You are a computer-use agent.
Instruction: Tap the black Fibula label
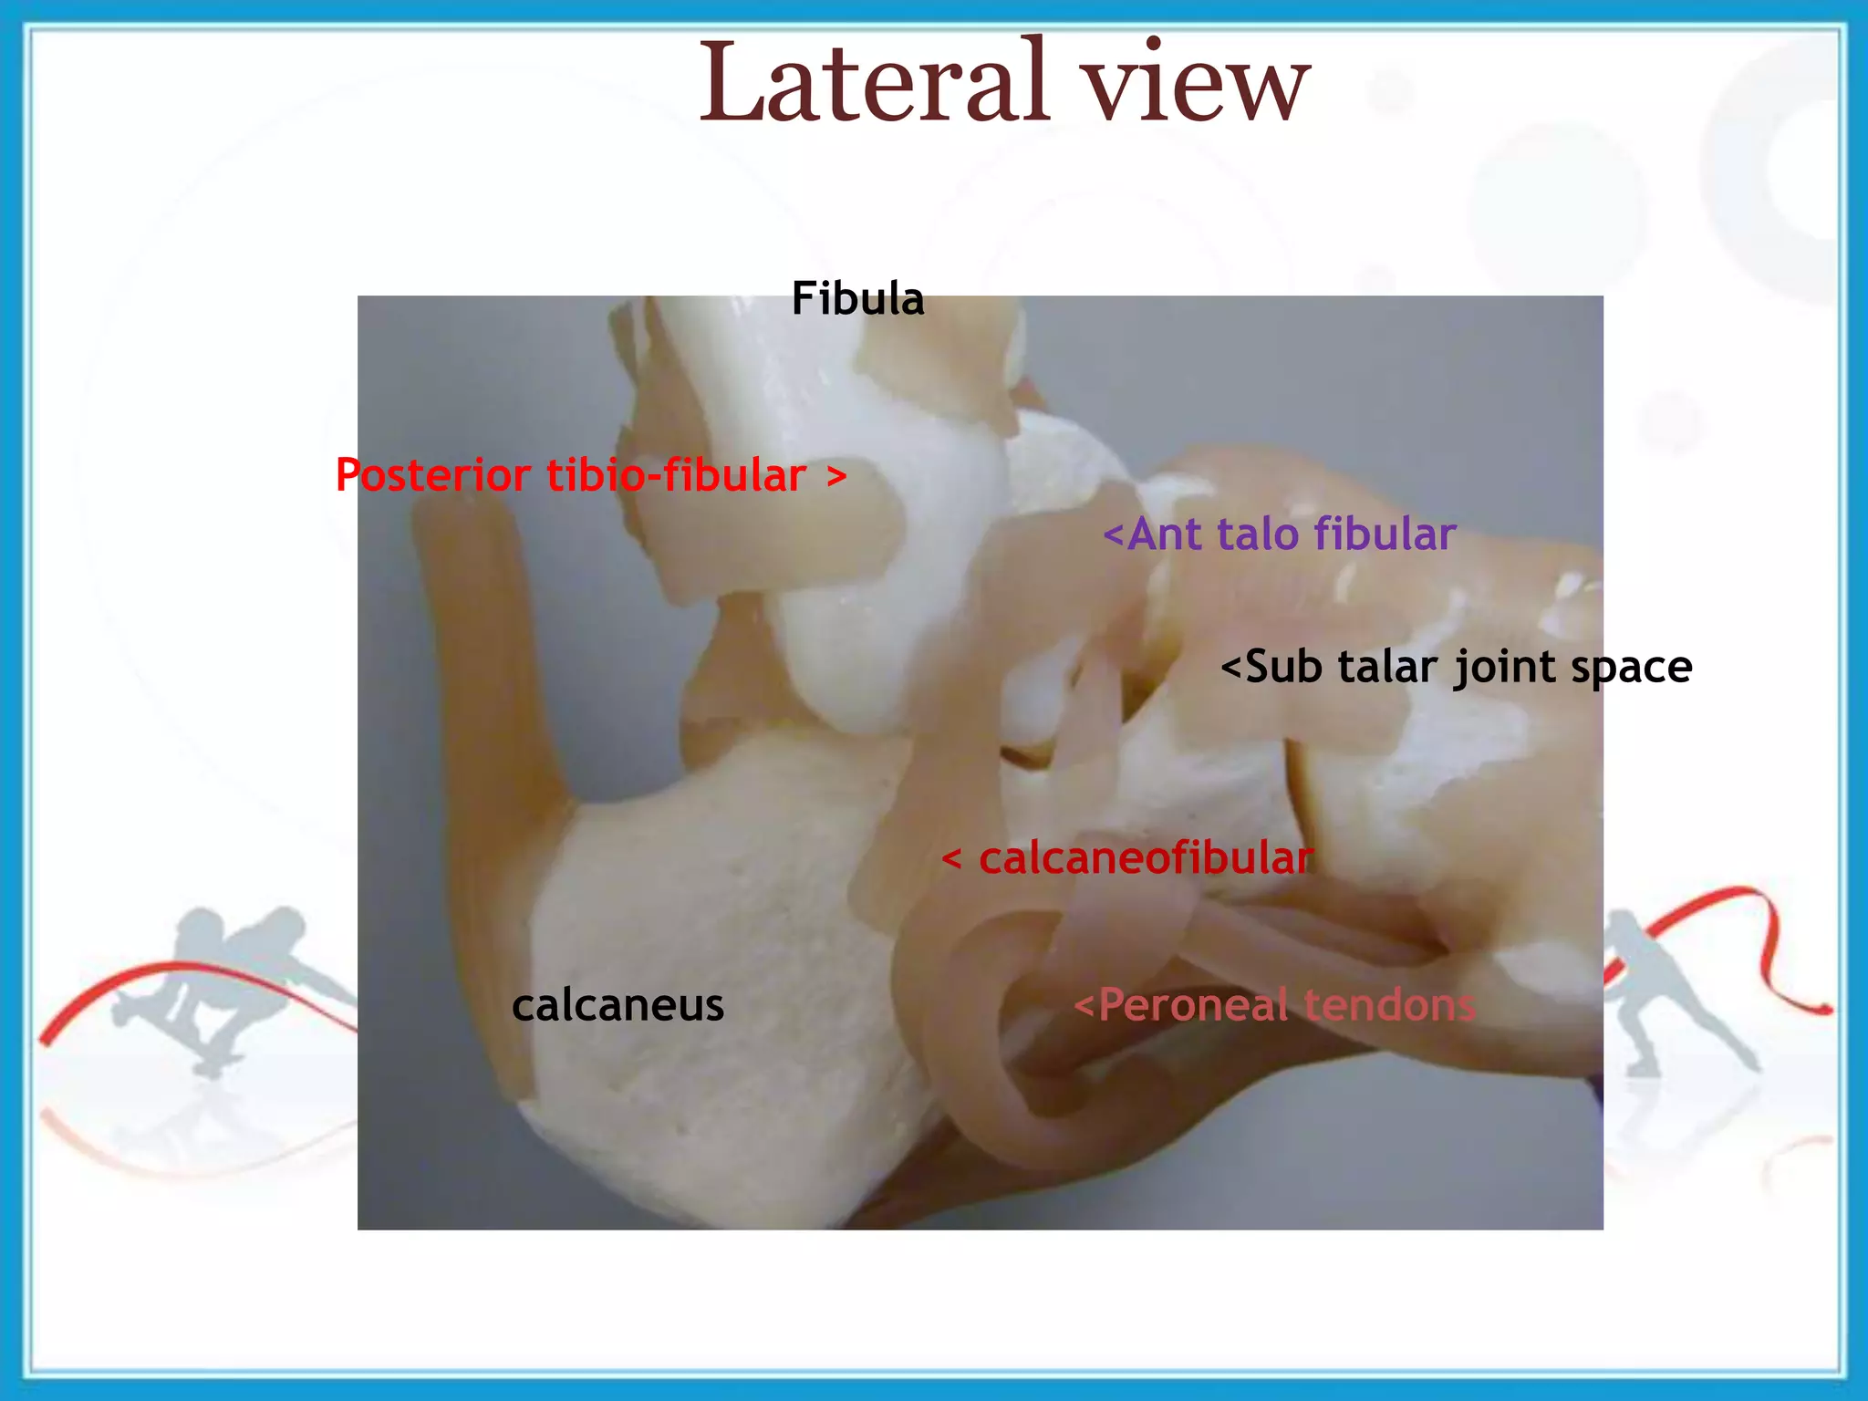(x=857, y=299)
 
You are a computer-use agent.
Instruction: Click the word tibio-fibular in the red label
(x=676, y=476)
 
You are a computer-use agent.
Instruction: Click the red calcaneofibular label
(x=1145, y=859)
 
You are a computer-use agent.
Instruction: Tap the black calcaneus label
(x=617, y=1006)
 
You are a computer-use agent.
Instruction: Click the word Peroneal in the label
(x=1195, y=1006)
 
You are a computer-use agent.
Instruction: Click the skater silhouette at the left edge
(x=228, y=985)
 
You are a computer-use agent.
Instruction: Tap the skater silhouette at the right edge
(x=1669, y=985)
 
